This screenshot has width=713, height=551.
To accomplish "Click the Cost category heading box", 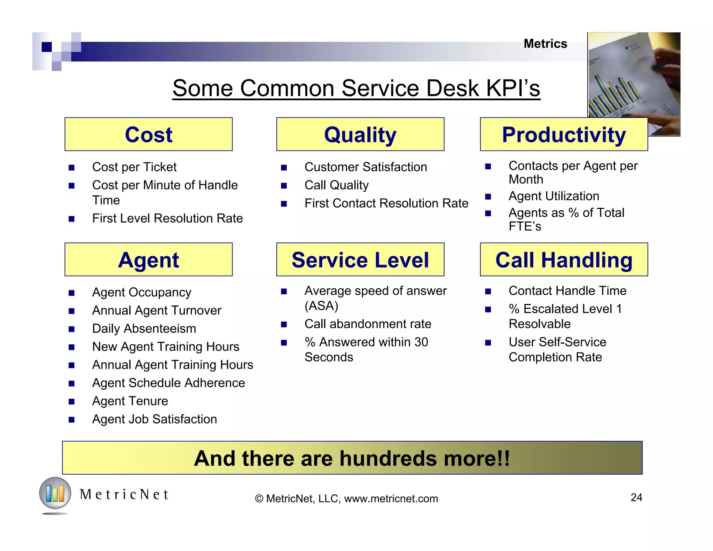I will point(148,134).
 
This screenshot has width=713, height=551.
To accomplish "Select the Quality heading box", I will point(360,134).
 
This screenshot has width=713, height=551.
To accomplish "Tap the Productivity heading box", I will point(564,134).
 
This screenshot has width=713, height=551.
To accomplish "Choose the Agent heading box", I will point(148,260).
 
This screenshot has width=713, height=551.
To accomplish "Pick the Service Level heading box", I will point(360,260).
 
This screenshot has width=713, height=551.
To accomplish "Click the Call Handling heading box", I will point(564,260).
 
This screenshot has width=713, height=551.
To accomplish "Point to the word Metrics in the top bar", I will point(545,44).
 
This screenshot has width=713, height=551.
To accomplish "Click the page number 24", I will point(636,497).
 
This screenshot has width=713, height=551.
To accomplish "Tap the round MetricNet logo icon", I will point(55,493).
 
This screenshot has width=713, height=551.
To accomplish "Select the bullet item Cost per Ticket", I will point(134,167).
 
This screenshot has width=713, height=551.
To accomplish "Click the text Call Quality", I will point(336,185).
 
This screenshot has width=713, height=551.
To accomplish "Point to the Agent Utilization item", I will point(554,196).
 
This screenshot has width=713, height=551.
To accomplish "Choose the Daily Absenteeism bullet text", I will point(144,329).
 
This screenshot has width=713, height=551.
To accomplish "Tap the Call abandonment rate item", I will point(368,324).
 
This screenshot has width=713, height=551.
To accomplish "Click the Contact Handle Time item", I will point(567,291).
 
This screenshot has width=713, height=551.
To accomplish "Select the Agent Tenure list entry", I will point(130,401).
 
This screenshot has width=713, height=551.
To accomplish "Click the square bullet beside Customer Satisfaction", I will point(284,168).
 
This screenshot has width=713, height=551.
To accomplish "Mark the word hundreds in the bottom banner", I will point(388,458).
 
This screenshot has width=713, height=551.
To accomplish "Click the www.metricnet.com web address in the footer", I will point(391,499).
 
